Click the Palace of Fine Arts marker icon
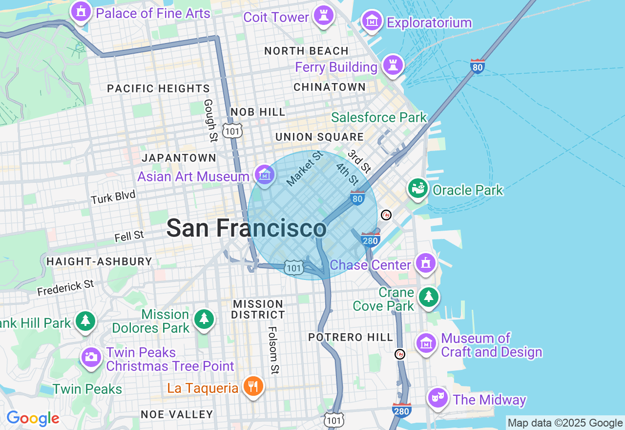(81, 12)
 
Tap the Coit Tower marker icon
(323, 16)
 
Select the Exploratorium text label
(429, 22)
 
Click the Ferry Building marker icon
(393, 65)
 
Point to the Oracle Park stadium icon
(418, 189)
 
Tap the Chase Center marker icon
(426, 264)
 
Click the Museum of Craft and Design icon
(426, 343)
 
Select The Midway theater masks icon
(437, 398)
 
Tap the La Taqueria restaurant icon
(253, 387)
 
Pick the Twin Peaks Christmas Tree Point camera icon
(91, 357)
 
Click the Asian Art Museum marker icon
(265, 174)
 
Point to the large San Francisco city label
(246, 228)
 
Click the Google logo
(33, 418)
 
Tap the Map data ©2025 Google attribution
(565, 423)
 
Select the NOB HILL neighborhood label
(258, 112)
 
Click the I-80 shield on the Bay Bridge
(478, 66)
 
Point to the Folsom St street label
(273, 350)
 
